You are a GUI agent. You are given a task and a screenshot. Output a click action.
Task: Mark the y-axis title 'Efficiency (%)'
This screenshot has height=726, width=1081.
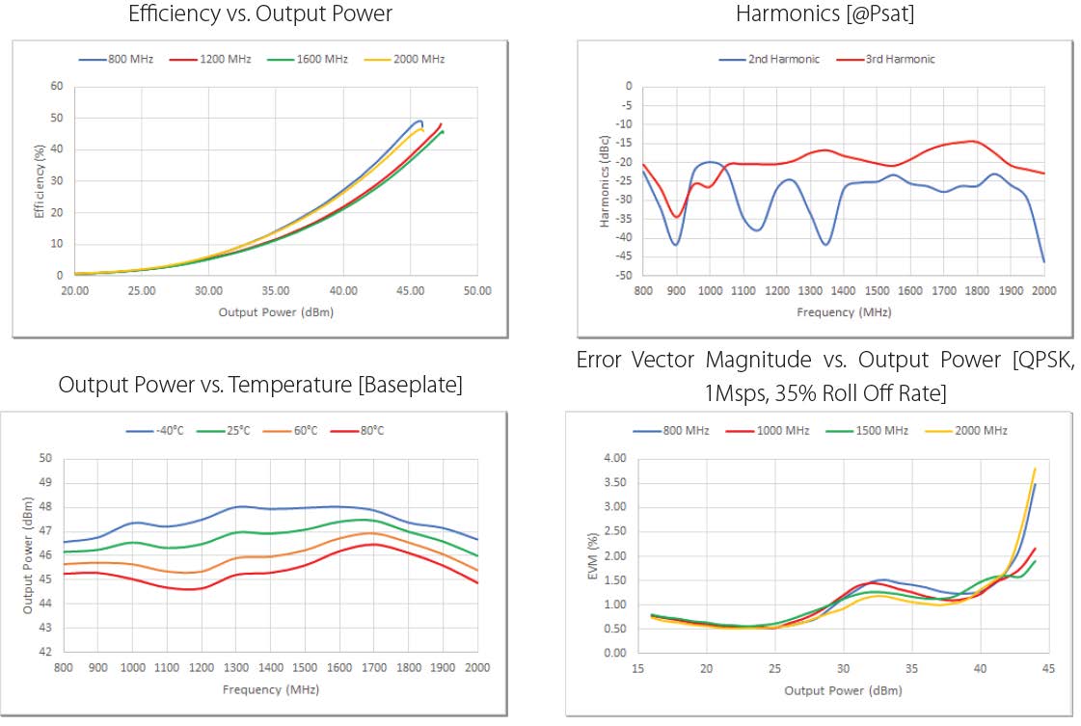click(41, 181)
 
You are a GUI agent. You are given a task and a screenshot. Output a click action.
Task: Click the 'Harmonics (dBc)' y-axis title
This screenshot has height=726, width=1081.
click(605, 181)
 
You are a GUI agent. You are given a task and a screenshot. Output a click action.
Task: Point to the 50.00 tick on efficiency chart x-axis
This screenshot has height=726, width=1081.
click(476, 290)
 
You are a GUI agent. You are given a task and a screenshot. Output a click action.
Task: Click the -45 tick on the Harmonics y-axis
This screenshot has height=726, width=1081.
click(626, 256)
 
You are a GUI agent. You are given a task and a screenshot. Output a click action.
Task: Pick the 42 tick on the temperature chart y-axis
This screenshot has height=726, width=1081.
click(46, 652)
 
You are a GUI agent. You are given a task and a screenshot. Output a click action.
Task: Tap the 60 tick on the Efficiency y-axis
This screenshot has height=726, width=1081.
click(57, 87)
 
